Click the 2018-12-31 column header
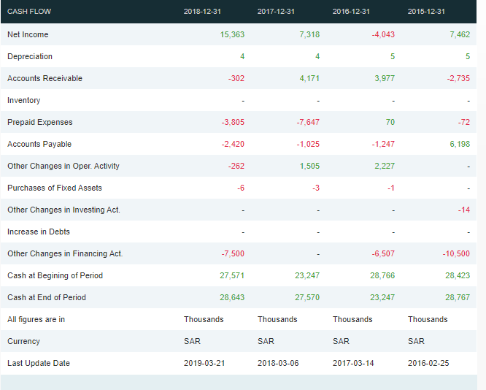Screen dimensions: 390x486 coord(204,12)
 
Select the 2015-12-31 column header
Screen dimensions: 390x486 coord(427,12)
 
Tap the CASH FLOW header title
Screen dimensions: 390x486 coord(29,12)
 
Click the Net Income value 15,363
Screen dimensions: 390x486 coord(232,34)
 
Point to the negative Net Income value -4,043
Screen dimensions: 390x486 coord(383,34)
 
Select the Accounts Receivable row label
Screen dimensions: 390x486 coord(45,78)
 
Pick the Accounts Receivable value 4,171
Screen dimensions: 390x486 coord(309,78)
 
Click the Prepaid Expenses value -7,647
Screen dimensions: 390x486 coord(308,122)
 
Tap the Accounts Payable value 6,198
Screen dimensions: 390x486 coord(459,144)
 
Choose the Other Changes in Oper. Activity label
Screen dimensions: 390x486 coord(63,166)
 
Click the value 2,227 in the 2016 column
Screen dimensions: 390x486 coord(384,166)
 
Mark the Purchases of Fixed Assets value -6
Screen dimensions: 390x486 coord(240,188)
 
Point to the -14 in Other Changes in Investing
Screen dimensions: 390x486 coord(463,210)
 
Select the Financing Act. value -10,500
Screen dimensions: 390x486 coord(456,253)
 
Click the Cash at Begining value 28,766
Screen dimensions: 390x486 coord(382,275)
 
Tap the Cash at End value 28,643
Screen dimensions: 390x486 coord(232,297)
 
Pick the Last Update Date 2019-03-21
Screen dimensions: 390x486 coord(204,363)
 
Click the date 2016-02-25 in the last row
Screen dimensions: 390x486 coord(428,363)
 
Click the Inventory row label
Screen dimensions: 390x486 coord(24,100)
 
